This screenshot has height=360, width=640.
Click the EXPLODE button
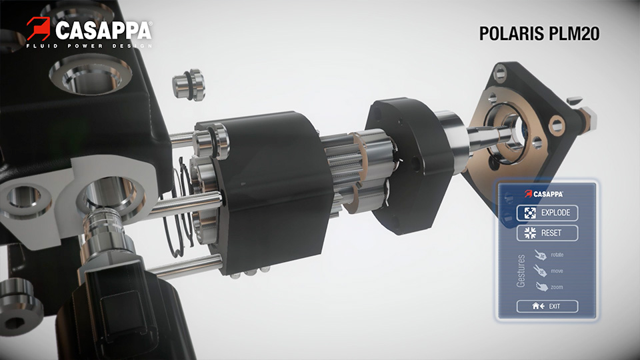[547, 213]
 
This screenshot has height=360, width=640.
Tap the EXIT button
[547, 306]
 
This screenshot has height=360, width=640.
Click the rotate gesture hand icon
[541, 255]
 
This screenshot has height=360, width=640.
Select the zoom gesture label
[557, 287]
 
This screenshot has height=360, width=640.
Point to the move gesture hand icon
[540, 271]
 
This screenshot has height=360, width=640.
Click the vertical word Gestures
[521, 271]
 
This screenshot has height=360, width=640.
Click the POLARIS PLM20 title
[539, 33]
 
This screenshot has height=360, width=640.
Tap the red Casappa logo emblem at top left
[39, 28]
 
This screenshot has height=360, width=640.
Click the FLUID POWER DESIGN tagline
[89, 46]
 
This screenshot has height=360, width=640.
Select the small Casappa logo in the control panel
[544, 194]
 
